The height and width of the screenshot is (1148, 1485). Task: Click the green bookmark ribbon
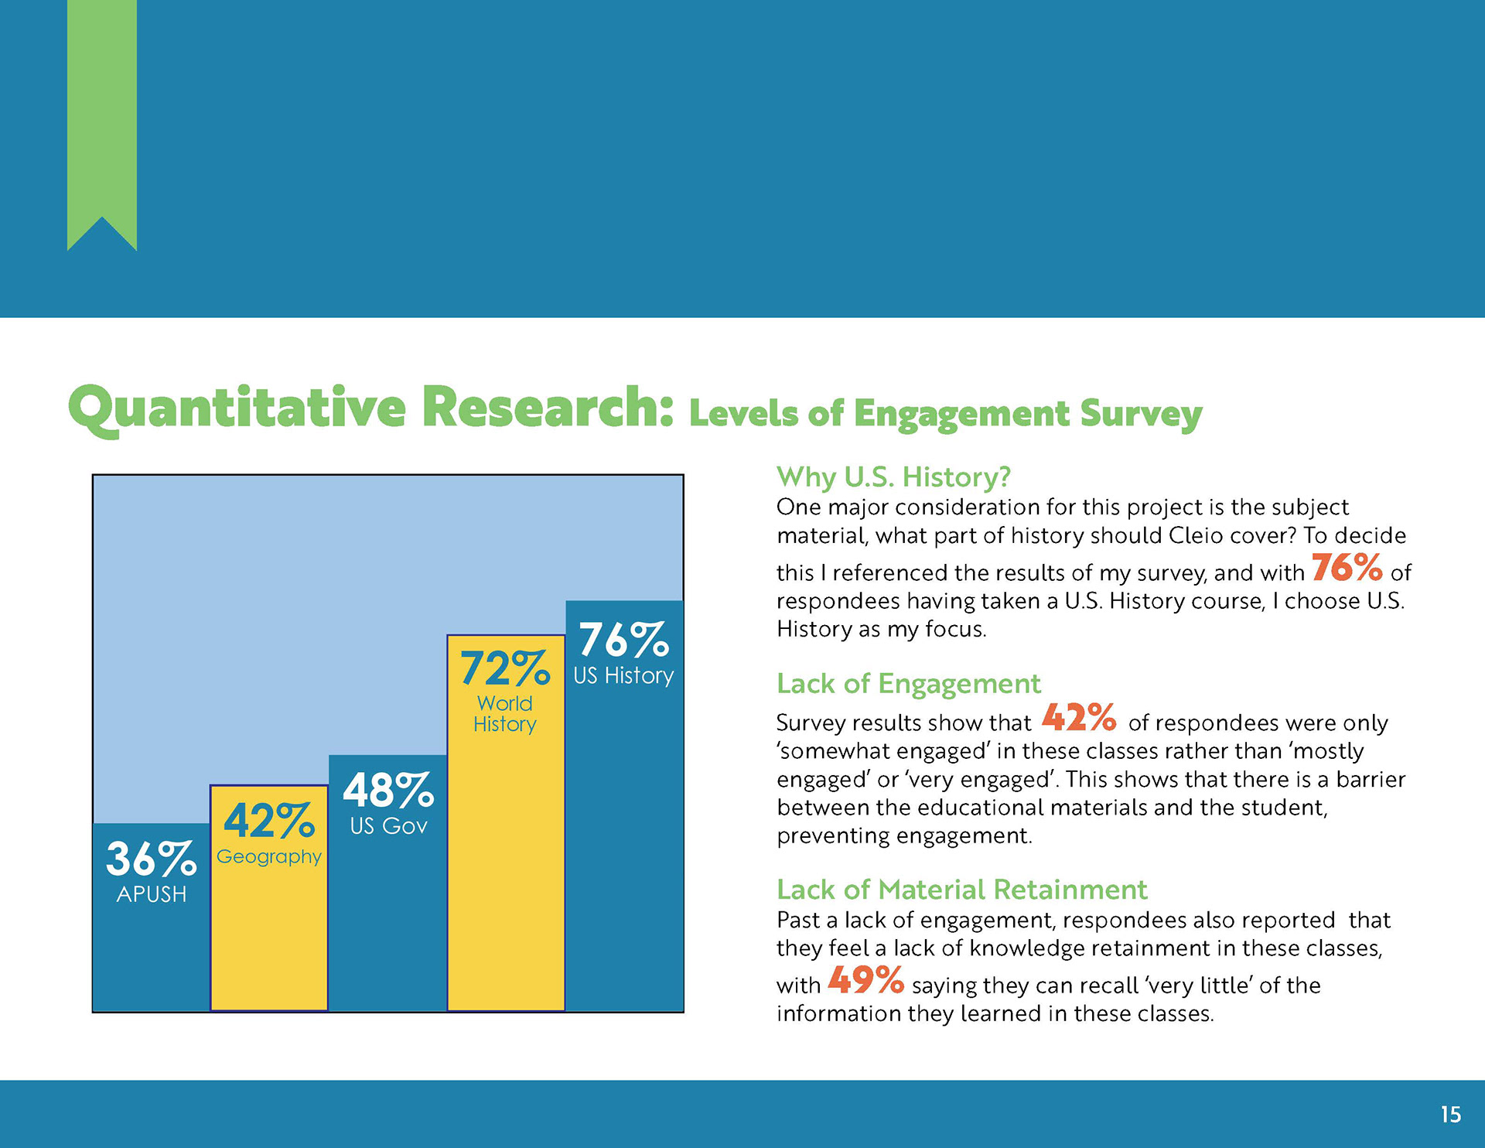pos(102,116)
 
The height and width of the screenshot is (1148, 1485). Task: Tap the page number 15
pos(1450,1115)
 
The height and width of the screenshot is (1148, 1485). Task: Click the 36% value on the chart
pos(151,859)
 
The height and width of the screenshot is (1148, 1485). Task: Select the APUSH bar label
pos(152,894)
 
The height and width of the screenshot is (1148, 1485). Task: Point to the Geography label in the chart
pos(269,857)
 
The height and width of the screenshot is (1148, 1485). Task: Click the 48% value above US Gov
pos(388,791)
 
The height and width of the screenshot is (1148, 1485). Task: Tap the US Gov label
pos(388,826)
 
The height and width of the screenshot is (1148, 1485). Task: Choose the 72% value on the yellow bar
pos(505,668)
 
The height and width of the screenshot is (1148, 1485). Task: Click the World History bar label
pos(505,714)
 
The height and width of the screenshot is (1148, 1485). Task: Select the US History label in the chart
pos(623,675)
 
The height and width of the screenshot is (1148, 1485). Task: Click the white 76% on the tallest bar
pos(624,640)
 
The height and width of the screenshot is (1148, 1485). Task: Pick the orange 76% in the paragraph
pos(1347,567)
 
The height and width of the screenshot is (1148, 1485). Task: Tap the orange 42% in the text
pos(1079,717)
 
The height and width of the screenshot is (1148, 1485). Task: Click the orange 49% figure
pos(866,979)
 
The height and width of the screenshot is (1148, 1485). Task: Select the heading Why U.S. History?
pos(893,477)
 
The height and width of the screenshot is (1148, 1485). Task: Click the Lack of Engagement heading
pos(909,684)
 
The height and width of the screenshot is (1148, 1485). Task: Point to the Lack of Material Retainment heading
pos(961,890)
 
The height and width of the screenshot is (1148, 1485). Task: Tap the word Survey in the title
pos(1141,415)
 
